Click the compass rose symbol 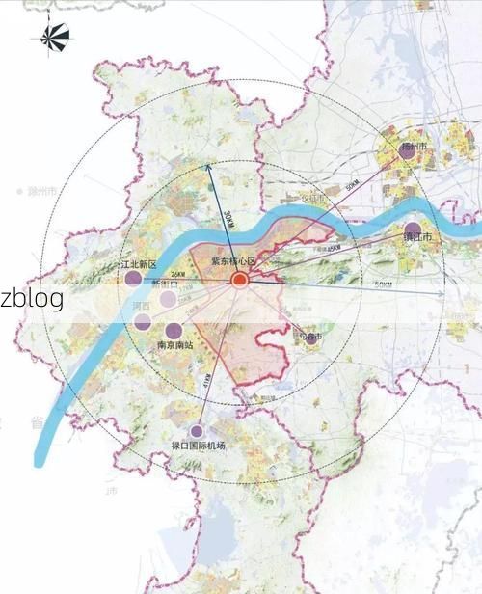coord(54,38)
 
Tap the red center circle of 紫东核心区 coord(239,281)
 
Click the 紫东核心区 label coord(234,262)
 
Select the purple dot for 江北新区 coord(134,280)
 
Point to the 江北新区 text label coord(138,264)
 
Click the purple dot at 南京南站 coord(174,330)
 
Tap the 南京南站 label coord(174,344)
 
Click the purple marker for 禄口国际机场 coord(198,431)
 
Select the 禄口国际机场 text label coord(198,445)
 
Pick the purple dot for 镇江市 coord(412,230)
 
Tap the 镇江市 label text coord(416,238)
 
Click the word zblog coord(32,298)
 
